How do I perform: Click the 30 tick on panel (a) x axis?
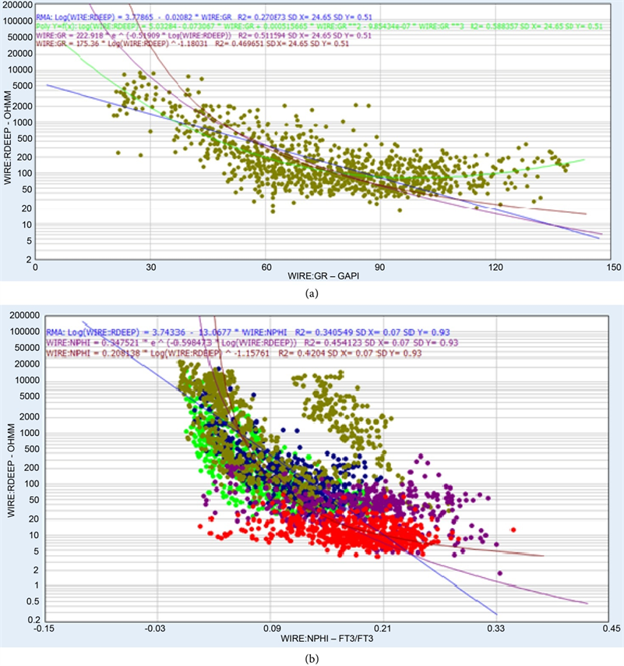[150, 267]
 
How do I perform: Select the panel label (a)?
[312, 293]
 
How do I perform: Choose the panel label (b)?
[312, 656]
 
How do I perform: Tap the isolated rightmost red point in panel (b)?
[513, 530]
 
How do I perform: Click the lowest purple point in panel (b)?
[499, 573]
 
